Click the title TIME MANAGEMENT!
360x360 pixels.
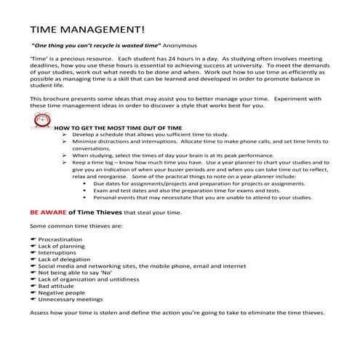click(87, 31)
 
